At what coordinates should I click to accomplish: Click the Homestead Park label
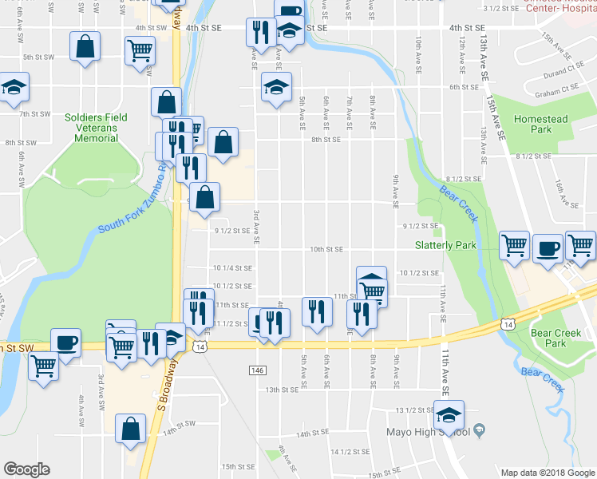pos(541,124)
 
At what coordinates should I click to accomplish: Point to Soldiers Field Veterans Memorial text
pos(96,128)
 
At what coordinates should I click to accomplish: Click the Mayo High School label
pos(434,432)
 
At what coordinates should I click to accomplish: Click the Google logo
pos(26,469)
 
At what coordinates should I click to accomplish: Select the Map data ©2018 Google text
pos(546,473)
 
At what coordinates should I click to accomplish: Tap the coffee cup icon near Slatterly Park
pos(548,247)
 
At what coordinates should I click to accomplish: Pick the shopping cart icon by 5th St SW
pos(140,50)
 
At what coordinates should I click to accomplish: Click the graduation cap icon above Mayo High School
pos(449,416)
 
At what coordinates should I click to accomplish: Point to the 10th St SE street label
pos(326,249)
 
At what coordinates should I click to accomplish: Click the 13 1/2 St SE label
pos(413,410)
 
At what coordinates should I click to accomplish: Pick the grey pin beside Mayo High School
pos(478,431)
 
